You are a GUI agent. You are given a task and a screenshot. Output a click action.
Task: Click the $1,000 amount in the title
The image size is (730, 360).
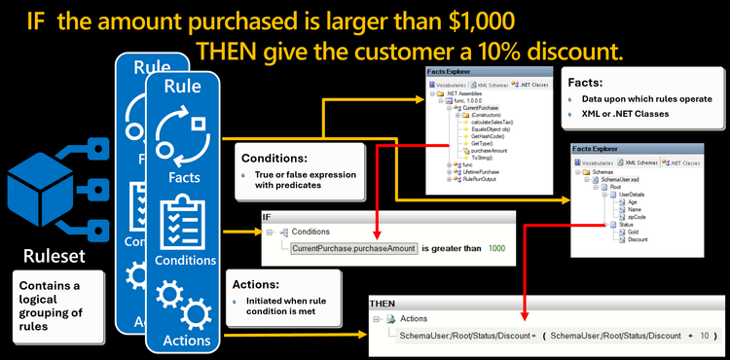coord(466,18)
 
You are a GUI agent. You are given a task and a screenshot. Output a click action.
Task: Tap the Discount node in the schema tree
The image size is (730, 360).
coord(637,240)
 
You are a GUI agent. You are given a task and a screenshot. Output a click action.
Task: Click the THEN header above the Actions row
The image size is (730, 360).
coord(382,304)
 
